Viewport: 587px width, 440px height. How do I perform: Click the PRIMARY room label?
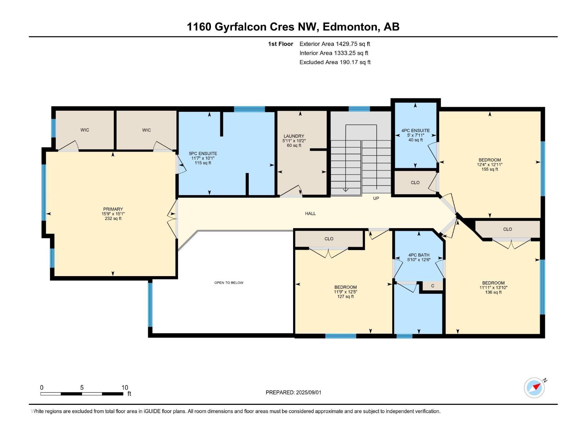113,209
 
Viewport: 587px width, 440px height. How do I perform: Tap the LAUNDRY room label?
294,136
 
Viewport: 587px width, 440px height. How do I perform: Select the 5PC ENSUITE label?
203,154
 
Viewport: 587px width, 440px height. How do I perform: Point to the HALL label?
310,213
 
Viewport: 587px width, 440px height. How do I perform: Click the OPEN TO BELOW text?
229,283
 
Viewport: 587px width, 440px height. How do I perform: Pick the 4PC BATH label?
419,255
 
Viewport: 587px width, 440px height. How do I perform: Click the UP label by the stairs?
376,198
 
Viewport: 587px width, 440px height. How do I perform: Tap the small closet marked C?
433,286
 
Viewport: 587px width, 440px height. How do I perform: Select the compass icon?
535,388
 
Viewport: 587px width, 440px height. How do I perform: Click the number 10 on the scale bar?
125,387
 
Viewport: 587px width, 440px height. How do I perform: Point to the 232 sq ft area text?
113,219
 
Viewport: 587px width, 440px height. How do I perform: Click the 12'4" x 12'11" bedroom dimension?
490,165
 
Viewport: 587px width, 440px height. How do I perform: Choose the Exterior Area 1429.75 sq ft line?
335,44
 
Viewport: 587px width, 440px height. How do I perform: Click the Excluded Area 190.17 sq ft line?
335,62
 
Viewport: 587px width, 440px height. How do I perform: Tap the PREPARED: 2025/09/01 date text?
293,392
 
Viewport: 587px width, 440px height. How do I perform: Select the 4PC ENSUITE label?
416,131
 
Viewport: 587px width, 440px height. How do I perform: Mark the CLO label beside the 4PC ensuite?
415,183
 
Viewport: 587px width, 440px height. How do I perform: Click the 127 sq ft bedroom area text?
346,297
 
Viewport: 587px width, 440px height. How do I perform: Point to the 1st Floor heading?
281,44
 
